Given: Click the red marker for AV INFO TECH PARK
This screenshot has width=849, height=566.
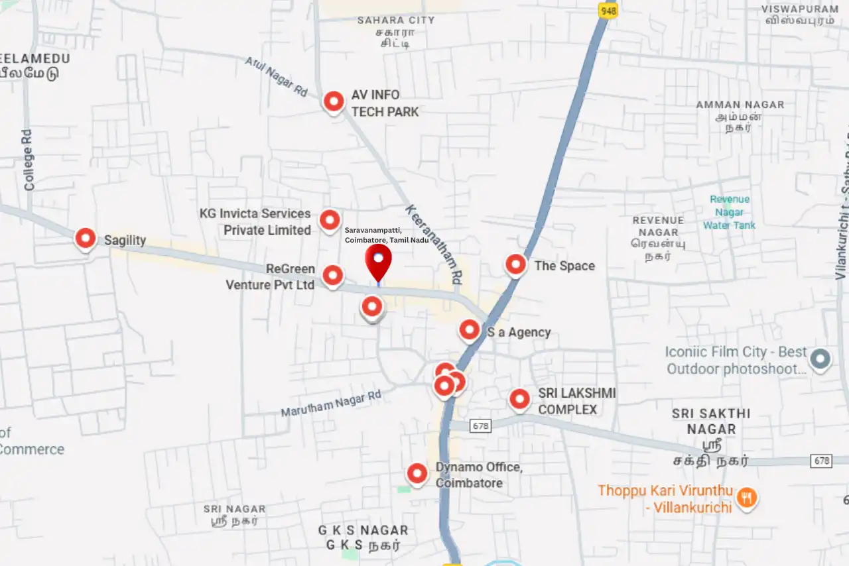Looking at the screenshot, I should point(334,101).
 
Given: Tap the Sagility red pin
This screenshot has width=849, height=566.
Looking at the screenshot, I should point(86,238).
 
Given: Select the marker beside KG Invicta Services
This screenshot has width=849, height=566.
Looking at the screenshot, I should point(330,220).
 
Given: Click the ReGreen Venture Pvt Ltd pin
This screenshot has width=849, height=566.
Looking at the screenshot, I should point(332,274).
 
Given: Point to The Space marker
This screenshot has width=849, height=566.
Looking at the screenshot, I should point(516,264).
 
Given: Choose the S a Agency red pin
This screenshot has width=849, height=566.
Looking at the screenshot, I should point(470,329).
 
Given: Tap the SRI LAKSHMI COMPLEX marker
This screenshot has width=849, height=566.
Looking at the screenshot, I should point(519,399).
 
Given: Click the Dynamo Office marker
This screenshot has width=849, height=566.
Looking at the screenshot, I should point(417,473).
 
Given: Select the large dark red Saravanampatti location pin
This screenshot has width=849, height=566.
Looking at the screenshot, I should point(379,261).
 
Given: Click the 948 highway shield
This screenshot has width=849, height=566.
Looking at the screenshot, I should point(608,11).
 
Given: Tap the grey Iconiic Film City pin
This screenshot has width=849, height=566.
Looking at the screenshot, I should point(820,359).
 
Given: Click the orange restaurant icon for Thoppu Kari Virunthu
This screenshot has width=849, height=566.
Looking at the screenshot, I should point(747,497).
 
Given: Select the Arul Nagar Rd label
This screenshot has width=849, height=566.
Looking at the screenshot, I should point(276,76).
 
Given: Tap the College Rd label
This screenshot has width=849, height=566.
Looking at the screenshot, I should point(28,160).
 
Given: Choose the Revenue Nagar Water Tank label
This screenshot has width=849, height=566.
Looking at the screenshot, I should point(730,212).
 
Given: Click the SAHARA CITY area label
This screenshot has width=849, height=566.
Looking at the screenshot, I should point(396,20).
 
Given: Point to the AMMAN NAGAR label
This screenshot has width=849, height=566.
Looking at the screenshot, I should point(740,105).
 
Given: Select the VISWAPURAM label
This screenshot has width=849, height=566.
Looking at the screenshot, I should point(800,9).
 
